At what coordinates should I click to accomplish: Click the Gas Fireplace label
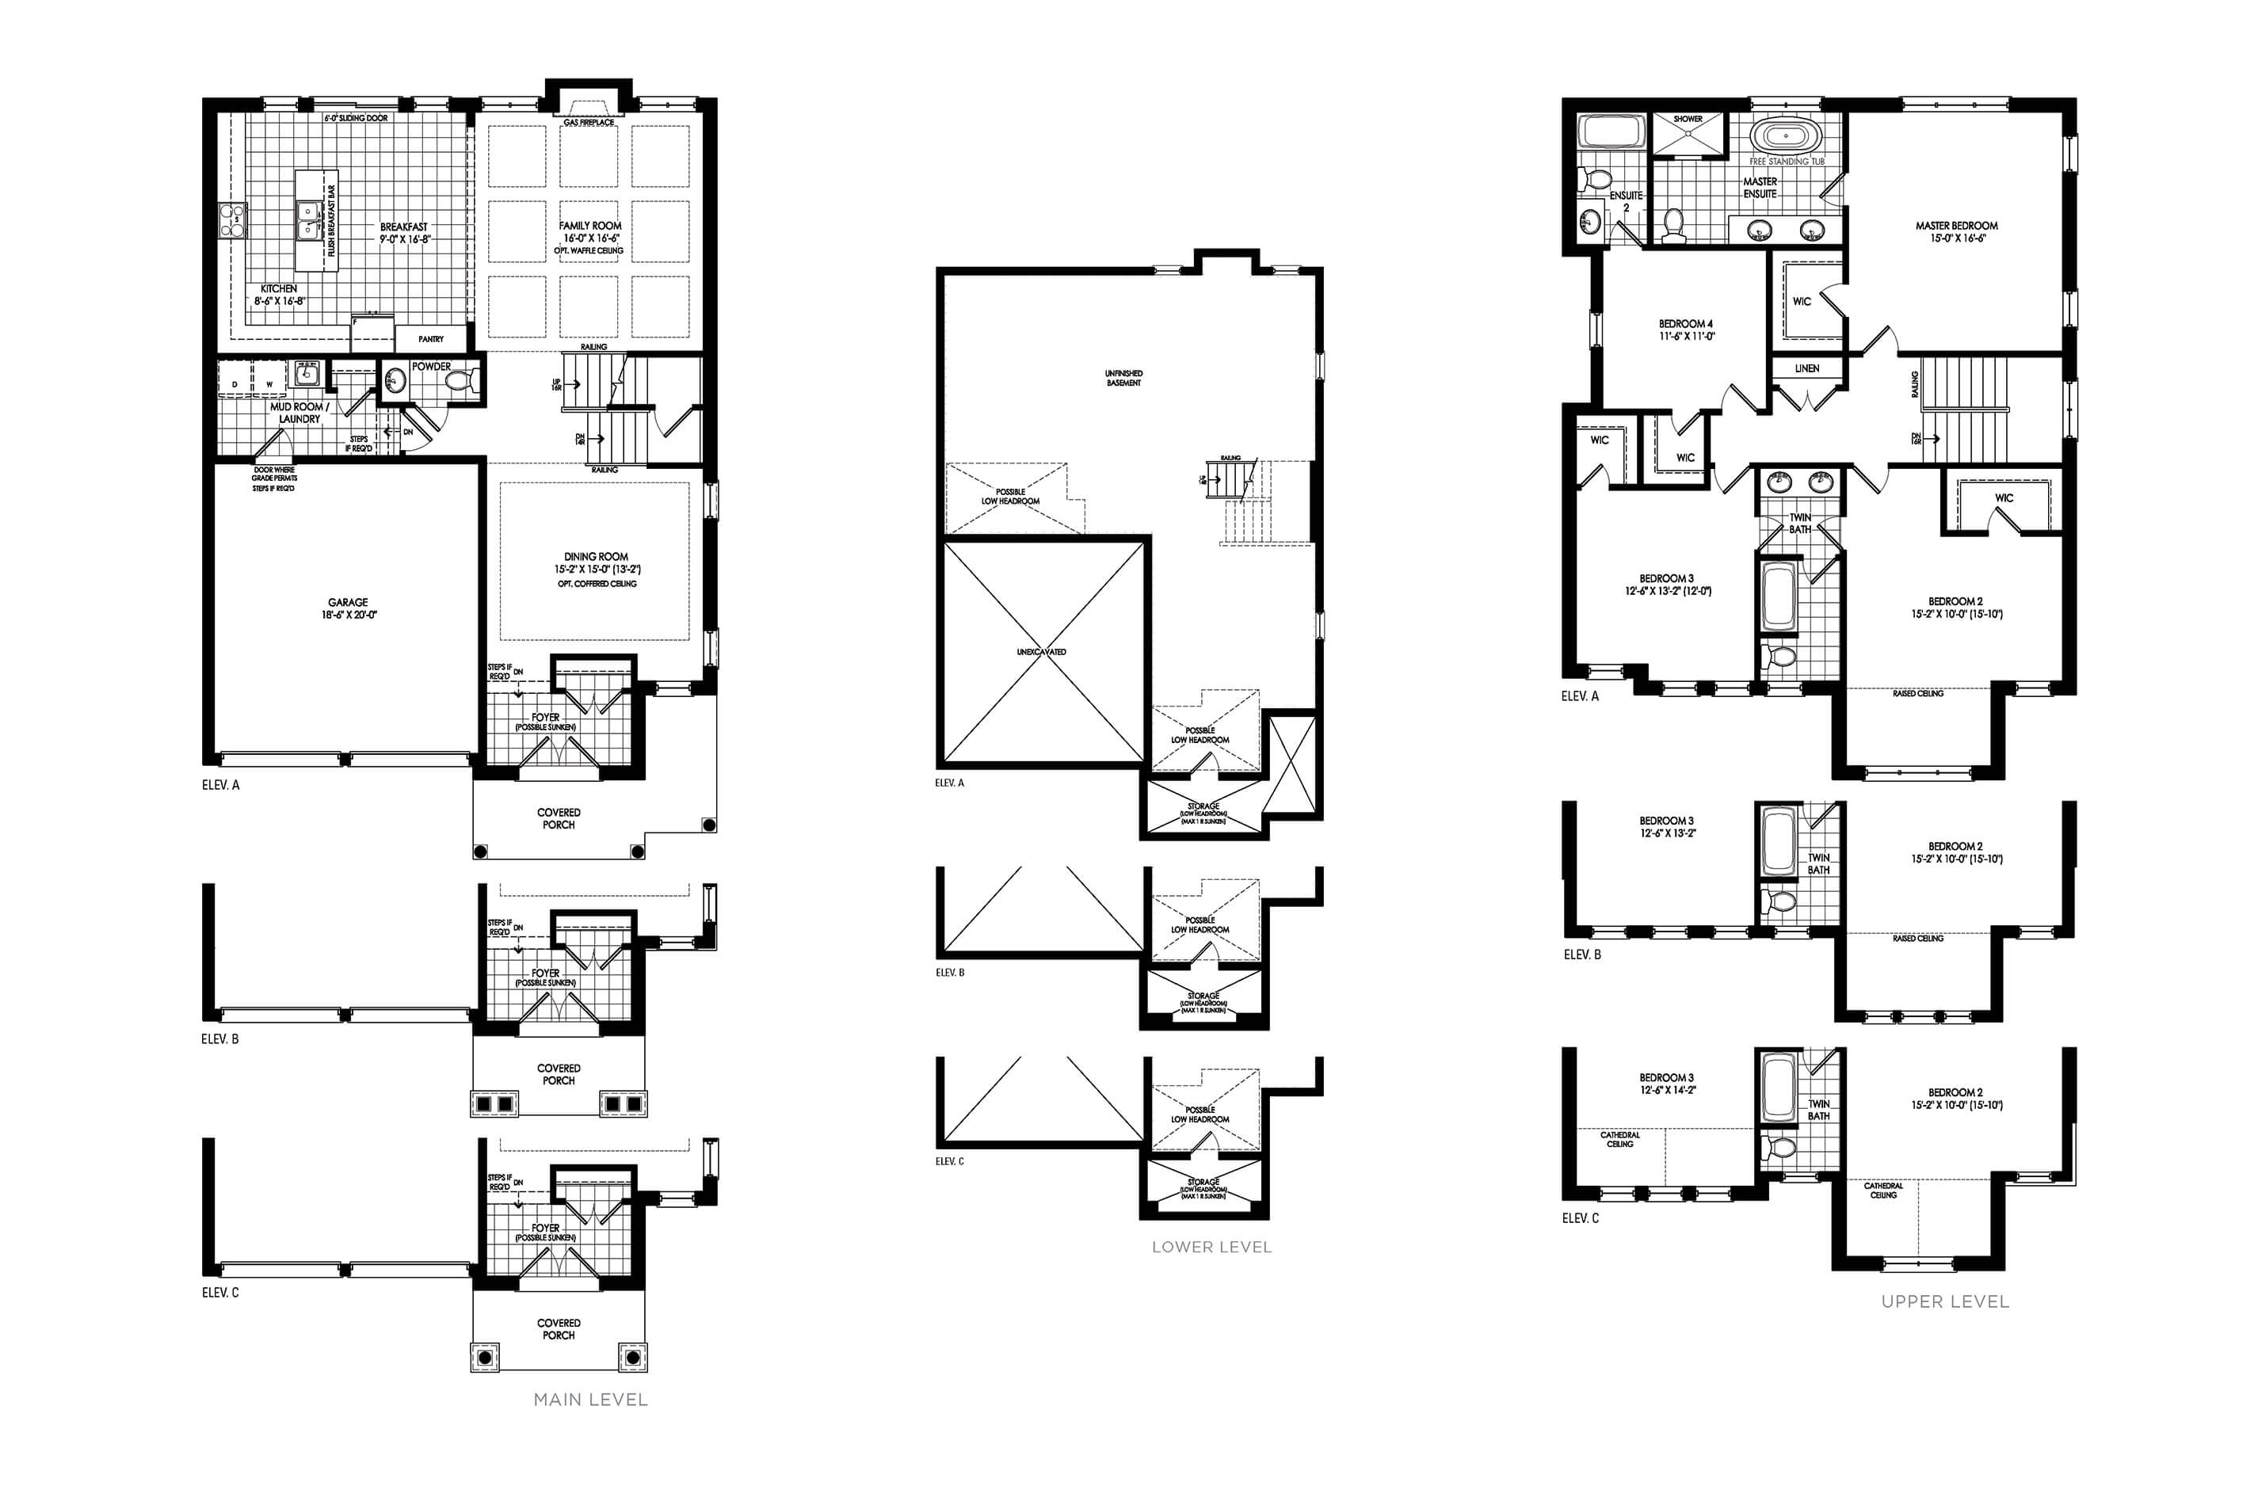coord(589,123)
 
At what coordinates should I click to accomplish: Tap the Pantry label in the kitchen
coord(431,339)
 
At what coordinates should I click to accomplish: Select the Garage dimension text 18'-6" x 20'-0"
coord(349,615)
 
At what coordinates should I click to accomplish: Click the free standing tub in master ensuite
coord(1786,136)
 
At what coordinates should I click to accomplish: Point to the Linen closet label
coord(1806,368)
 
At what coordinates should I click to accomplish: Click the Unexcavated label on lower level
coord(1042,653)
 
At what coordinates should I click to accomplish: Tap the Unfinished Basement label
coord(1123,378)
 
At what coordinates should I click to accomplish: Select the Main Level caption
coord(590,1400)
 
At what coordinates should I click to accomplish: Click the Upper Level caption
coord(1945,1301)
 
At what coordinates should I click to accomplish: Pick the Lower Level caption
coord(1211,1247)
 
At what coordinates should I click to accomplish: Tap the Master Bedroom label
coord(1957,227)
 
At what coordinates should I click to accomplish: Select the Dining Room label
coord(596,557)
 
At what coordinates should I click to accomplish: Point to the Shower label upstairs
coord(1688,119)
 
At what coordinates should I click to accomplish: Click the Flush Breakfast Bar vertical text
coord(332,221)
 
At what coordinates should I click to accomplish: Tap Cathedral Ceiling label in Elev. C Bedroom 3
coord(1619,1139)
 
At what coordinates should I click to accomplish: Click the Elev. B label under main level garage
coord(219,1038)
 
